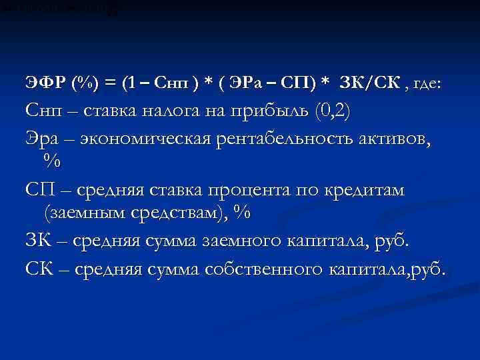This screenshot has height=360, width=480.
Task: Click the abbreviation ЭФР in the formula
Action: (x=41, y=83)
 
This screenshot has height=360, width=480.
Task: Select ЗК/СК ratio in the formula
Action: (x=369, y=83)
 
